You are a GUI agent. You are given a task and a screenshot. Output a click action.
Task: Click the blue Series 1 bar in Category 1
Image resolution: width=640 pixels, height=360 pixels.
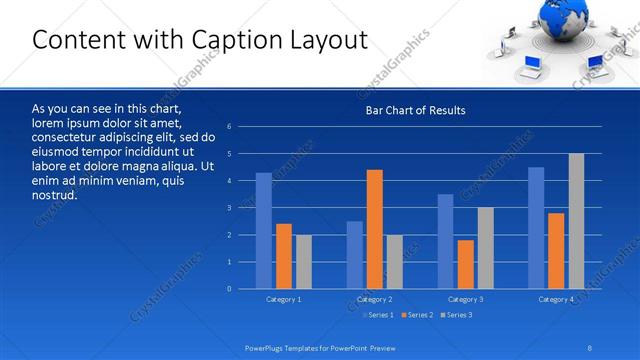[264, 231]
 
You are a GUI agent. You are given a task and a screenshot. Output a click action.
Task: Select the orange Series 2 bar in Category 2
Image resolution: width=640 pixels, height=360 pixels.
[375, 229]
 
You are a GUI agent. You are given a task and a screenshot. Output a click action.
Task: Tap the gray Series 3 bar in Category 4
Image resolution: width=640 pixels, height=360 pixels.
[577, 221]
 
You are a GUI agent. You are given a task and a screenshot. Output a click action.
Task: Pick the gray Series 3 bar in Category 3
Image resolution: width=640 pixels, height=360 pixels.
[485, 248]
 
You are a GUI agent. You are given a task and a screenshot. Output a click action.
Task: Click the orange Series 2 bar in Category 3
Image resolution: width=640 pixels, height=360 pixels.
[465, 264]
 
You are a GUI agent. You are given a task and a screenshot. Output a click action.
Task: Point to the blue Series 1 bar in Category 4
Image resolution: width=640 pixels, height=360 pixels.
[536, 228]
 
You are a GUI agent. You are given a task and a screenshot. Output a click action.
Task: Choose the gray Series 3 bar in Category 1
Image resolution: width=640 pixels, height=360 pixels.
[303, 262]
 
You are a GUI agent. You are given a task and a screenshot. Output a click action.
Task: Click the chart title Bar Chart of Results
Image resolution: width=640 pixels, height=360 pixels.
[416, 110]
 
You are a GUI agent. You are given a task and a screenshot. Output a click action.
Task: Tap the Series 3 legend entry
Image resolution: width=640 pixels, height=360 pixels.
[456, 315]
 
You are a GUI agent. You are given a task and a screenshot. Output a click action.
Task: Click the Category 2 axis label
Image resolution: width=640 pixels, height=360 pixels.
[374, 300]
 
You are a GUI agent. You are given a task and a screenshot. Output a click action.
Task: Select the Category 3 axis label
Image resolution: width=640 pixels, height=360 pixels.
[465, 300]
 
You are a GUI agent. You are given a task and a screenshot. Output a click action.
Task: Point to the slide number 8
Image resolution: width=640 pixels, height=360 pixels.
[590, 347]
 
